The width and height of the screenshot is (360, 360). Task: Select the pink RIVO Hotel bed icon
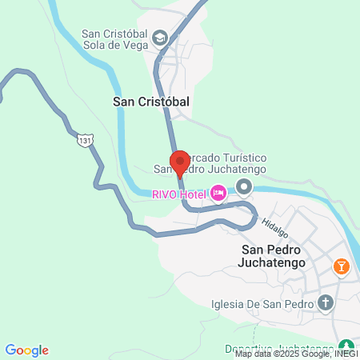click(217, 193)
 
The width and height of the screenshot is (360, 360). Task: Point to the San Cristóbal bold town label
click(151, 102)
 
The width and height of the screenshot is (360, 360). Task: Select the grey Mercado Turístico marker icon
click(244, 187)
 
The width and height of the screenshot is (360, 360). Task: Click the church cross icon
click(325, 302)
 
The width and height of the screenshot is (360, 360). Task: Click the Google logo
click(26, 350)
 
